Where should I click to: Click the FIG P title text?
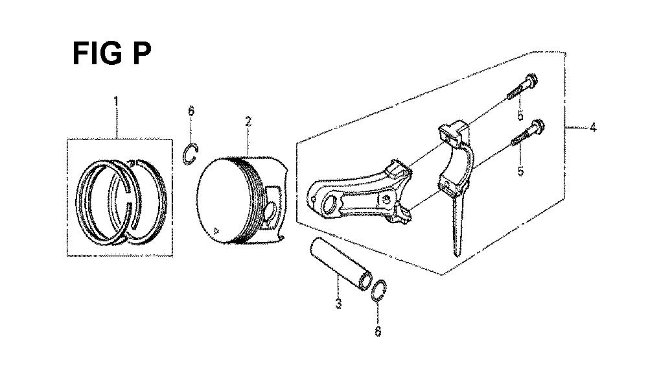tap(111, 54)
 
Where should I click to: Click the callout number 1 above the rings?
tap(116, 101)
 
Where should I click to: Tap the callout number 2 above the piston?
tap(248, 121)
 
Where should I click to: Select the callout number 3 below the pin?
tap(338, 303)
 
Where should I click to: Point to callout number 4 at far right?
tap(593, 127)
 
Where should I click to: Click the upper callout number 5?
tap(520, 115)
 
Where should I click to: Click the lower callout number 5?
tap(520, 171)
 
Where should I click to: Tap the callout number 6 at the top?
tap(191, 111)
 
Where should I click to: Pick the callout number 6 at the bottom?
tap(378, 332)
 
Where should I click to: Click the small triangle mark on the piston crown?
tap(216, 230)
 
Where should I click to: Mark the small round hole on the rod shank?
tap(386, 199)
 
